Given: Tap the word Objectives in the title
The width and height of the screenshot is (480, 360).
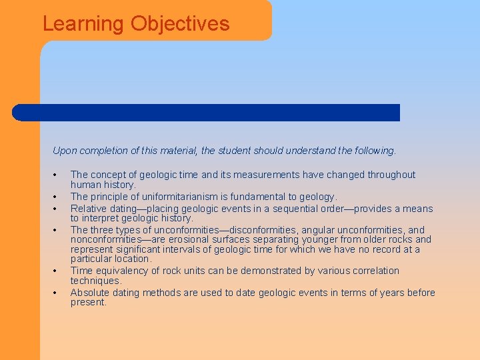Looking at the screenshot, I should coord(180,24).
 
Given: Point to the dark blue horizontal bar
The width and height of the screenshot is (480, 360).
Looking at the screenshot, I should coord(207,113).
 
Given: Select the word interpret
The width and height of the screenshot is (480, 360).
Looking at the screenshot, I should coord(103,218).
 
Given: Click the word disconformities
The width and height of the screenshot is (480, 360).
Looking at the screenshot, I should coord(266,230).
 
